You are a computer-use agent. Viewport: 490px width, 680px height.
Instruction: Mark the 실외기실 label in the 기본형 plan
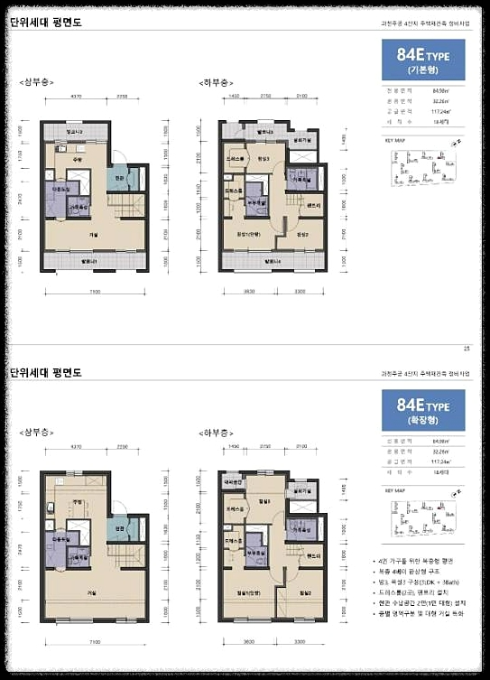point(301,141)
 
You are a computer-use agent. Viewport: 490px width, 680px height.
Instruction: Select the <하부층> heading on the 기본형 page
point(216,82)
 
